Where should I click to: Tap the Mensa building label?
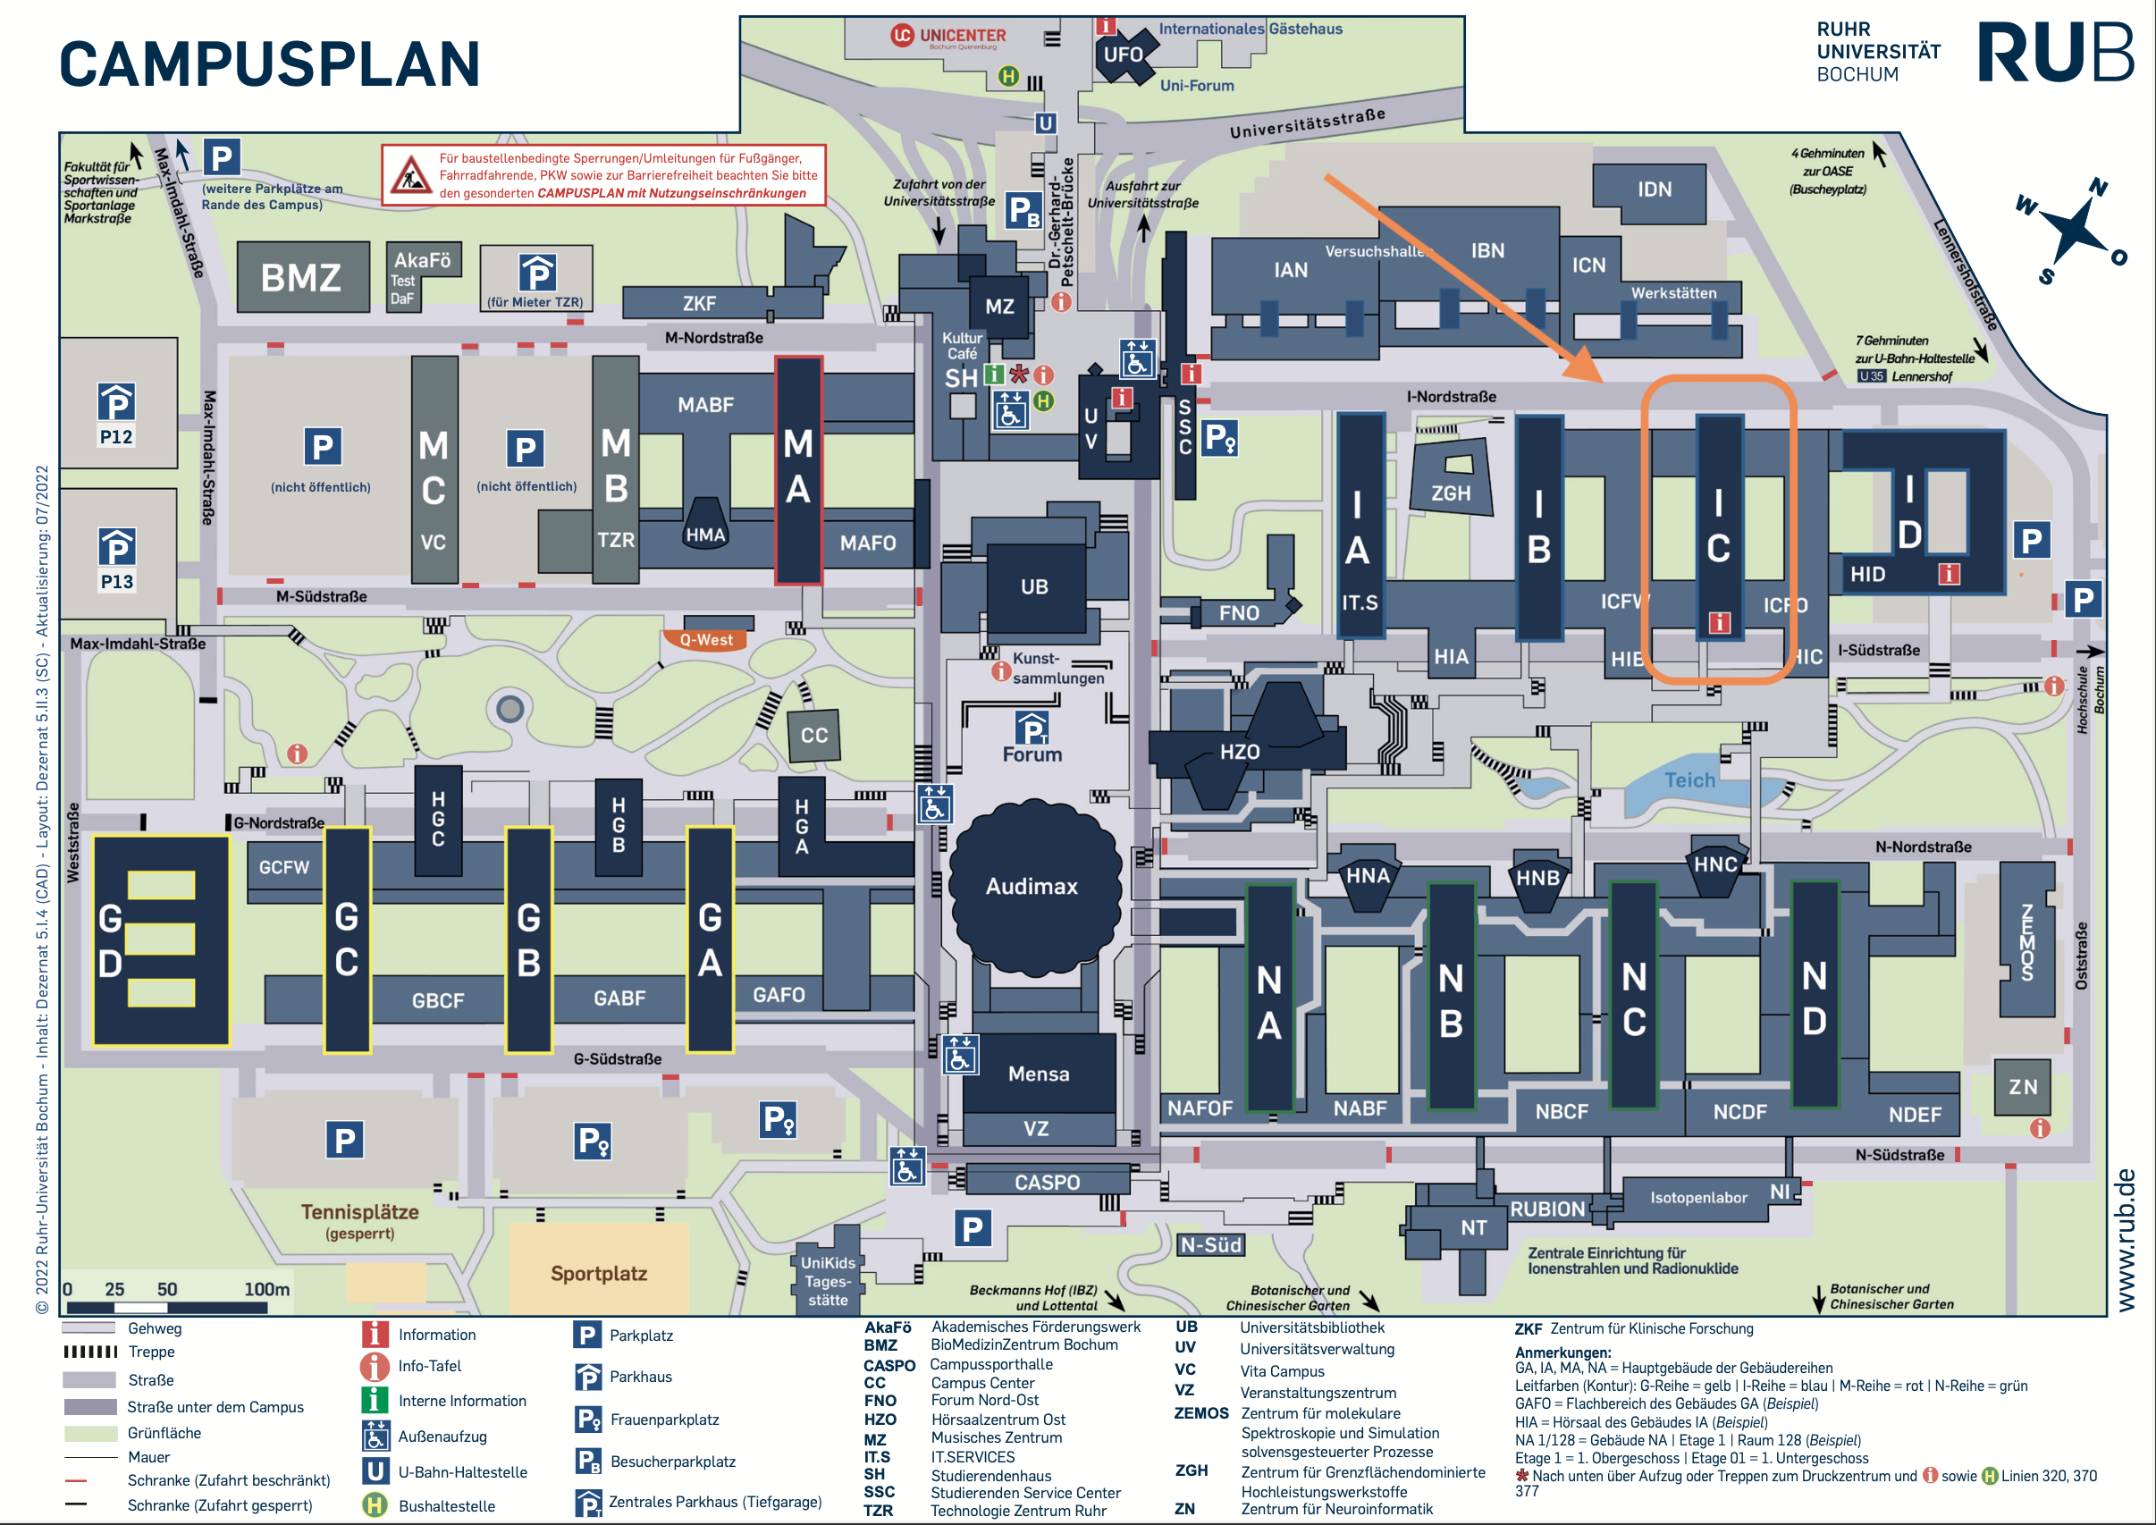click(x=1039, y=1074)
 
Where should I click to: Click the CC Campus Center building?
click(x=813, y=734)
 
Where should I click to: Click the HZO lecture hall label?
click(x=1240, y=752)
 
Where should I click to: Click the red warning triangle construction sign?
click(x=410, y=174)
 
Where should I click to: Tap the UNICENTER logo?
click(x=948, y=37)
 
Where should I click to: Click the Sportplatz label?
click(x=599, y=1273)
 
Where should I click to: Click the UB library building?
click(x=1034, y=587)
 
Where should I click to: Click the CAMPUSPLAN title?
click(x=270, y=63)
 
